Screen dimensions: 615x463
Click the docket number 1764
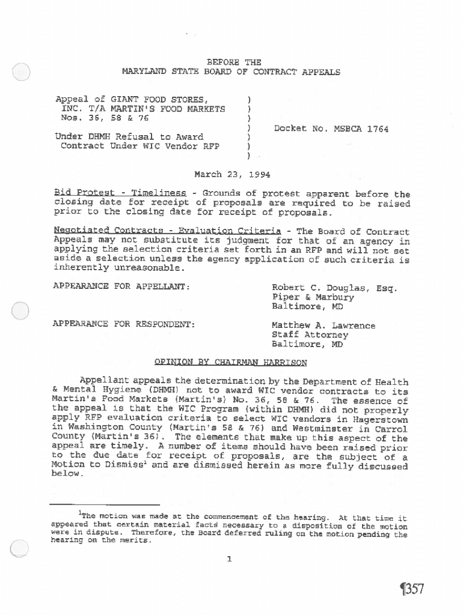tap(377, 129)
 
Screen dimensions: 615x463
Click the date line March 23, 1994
tap(232, 175)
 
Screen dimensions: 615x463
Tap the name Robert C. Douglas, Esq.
tap(334, 288)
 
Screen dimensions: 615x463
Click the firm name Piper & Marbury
tap(313, 297)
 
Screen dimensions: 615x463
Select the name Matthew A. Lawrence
tap(323, 326)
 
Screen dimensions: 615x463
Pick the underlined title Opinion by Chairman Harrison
tap(231, 362)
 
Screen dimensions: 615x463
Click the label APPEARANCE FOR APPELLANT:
tap(122, 288)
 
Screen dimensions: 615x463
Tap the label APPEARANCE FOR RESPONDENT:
tap(124, 325)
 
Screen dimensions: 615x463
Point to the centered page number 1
tap(229, 559)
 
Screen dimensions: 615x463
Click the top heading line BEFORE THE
tap(234, 62)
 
